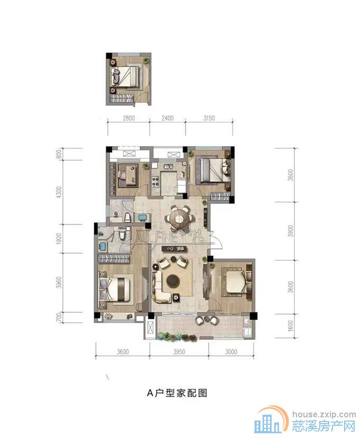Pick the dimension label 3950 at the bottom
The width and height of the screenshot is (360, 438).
click(x=178, y=351)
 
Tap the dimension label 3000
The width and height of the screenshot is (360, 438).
click(x=231, y=351)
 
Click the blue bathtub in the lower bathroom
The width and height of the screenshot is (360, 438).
click(x=102, y=247)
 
